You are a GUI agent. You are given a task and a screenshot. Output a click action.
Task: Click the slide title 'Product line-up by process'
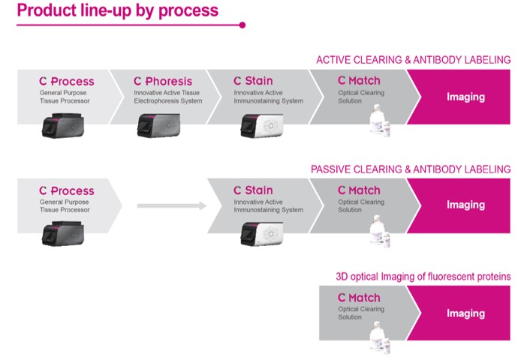coord(117,10)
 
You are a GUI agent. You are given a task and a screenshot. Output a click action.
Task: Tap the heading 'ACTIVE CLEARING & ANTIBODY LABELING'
coord(413,60)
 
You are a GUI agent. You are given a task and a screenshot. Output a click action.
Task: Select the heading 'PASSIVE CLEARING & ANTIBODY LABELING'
coord(411,169)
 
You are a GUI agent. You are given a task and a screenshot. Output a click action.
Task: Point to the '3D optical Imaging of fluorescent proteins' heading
coord(423,277)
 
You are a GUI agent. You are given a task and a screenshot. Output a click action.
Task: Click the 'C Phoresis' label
coord(163,81)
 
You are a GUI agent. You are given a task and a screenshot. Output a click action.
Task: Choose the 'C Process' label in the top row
coord(67,81)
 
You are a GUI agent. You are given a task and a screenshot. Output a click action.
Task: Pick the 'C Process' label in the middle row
coord(67,191)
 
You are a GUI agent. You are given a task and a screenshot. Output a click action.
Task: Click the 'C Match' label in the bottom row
coord(359,298)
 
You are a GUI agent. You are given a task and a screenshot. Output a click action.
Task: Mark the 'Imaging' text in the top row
coord(465,97)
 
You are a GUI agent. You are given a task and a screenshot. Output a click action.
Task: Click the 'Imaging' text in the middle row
coord(465,205)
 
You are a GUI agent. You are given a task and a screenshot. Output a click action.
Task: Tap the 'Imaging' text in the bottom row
coord(465,313)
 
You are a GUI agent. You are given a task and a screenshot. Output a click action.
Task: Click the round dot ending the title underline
coord(242,25)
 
